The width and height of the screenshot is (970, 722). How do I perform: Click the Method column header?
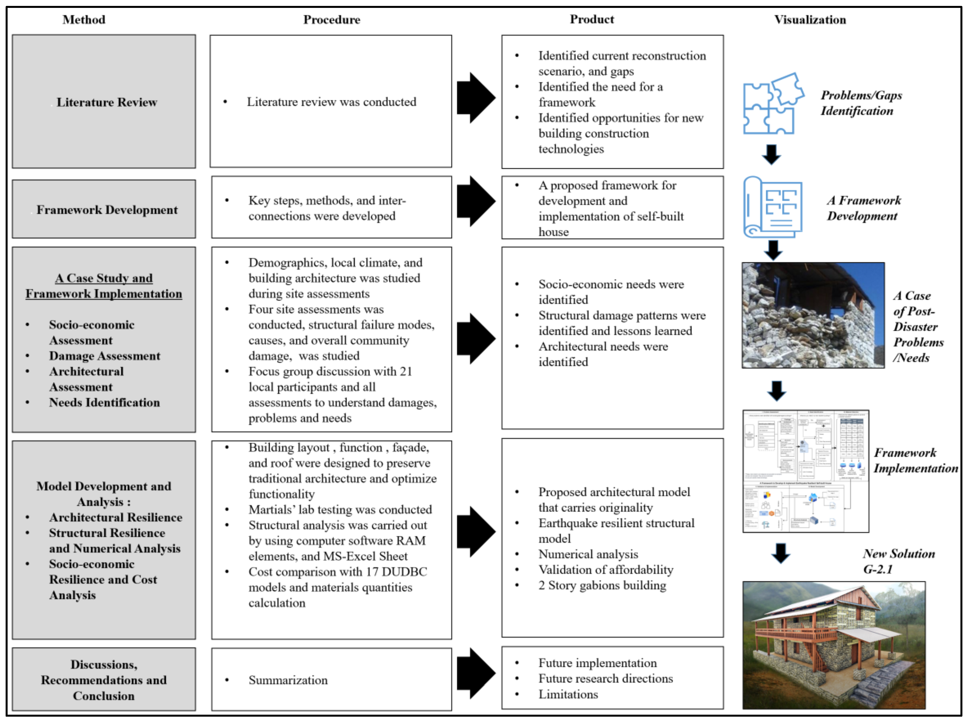click(x=84, y=20)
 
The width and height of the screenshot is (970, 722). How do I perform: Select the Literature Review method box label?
click(x=107, y=102)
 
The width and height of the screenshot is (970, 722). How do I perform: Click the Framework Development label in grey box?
click(x=107, y=210)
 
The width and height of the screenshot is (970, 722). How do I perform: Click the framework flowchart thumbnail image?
click(x=805, y=471)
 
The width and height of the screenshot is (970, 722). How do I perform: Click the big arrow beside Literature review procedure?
click(x=476, y=98)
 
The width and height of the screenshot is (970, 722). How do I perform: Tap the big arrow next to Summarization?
click(x=476, y=674)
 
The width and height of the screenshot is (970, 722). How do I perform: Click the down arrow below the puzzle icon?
click(x=771, y=155)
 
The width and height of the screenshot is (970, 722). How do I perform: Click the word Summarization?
click(x=288, y=680)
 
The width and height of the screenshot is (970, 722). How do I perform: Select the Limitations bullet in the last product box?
click(x=568, y=694)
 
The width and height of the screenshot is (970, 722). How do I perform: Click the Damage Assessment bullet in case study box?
click(x=104, y=356)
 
